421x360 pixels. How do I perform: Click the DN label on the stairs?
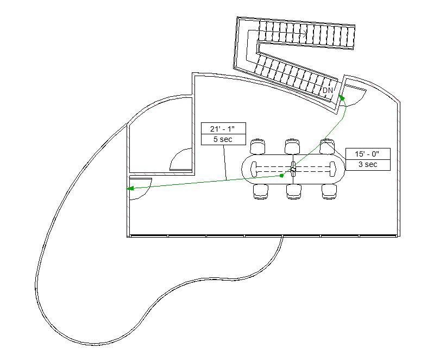pos(328,90)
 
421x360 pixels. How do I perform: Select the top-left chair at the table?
pos(258,146)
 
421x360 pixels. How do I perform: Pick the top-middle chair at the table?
pos(292,146)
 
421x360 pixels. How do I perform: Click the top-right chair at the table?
pos(327,146)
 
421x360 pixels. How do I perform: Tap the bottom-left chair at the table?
pos(261,191)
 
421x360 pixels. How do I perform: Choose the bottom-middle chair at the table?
pos(294,191)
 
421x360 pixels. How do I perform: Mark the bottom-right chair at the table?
pos(329,191)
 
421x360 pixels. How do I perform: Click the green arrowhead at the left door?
pos(130,189)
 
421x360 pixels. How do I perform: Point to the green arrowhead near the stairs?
pos(342,97)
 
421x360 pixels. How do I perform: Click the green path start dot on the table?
pos(281,176)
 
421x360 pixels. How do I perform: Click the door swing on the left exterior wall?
pos(140,188)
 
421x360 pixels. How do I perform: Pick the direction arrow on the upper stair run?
pos(304,35)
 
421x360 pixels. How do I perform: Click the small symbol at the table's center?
pos(293,170)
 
